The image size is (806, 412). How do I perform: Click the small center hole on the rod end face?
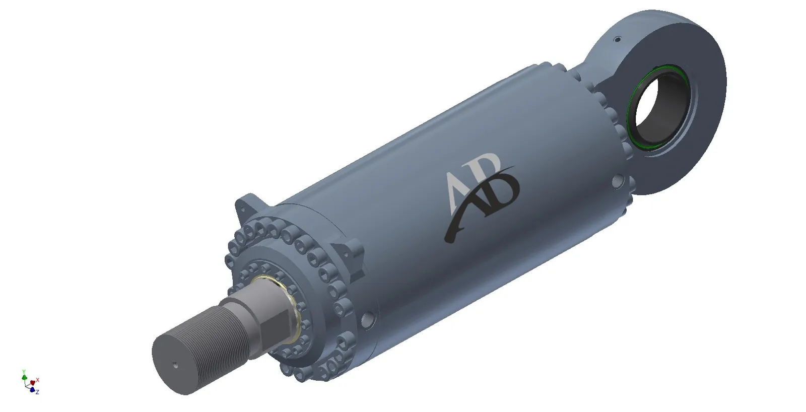176,366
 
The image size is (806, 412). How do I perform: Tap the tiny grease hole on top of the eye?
618,39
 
